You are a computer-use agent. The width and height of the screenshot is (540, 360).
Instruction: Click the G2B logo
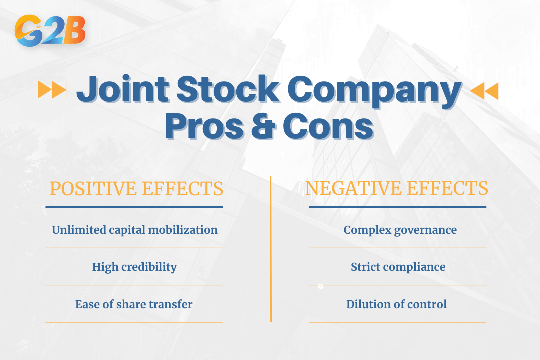50,31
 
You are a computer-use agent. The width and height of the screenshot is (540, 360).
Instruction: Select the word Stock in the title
228,90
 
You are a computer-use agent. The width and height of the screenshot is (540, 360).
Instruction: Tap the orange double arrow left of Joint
52,90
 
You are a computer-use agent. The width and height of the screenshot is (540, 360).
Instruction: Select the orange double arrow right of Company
484,91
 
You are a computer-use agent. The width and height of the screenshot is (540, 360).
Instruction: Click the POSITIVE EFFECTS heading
136,189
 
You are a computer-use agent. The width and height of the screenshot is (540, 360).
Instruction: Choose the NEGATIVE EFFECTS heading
396,188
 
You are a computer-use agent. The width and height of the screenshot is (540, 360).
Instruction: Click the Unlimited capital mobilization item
135,230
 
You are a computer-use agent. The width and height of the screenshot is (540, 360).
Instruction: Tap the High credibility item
134,267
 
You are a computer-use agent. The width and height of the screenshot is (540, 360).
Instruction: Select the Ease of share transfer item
134,304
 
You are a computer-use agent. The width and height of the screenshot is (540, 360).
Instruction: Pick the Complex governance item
400,230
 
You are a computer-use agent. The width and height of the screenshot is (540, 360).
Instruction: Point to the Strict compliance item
398,267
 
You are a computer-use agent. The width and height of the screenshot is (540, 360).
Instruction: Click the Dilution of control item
396,304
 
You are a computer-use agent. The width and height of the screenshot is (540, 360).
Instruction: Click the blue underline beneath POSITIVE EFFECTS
134,207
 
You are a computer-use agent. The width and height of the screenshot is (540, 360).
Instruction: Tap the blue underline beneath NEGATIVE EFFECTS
397,207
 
